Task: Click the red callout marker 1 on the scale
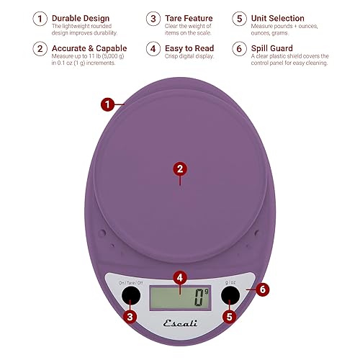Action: coord(107,104)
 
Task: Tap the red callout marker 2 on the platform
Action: coord(181,168)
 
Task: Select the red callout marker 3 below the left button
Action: coord(130,315)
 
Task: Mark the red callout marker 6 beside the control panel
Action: coord(263,289)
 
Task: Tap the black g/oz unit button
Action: coord(230,296)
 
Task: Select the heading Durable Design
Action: coord(81,18)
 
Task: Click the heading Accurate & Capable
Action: coord(89,49)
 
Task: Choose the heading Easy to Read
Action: coord(189,49)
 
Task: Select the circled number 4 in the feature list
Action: coord(153,49)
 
